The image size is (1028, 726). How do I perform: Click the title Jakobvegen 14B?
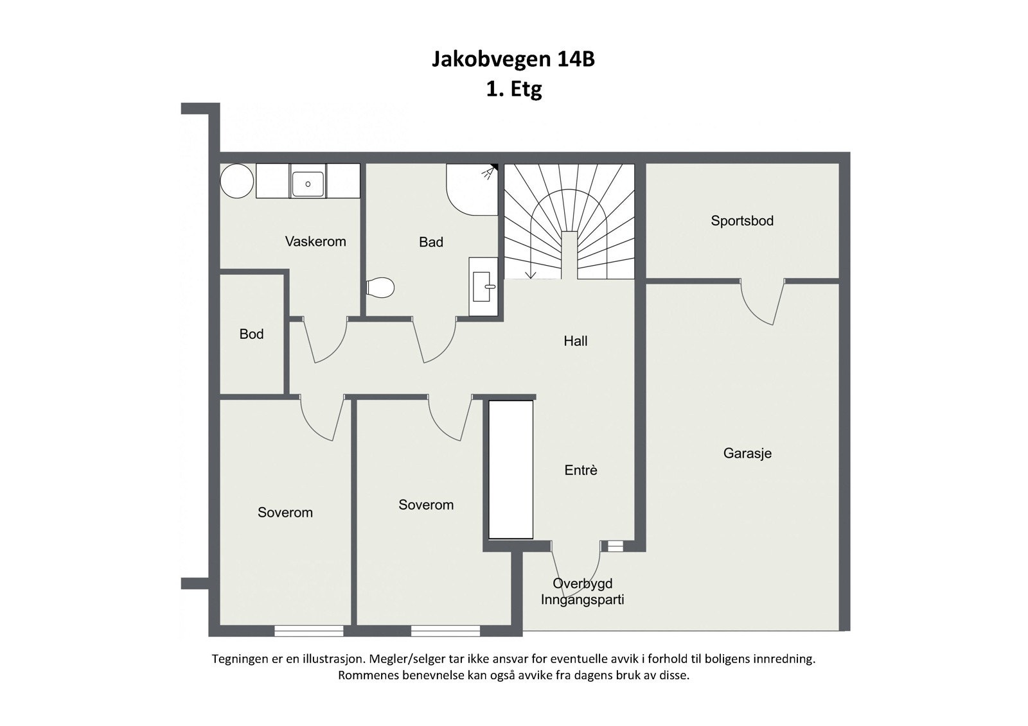tap(513, 59)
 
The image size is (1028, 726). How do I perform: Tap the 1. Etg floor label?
tap(513, 89)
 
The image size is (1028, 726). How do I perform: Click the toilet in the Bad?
tap(380, 288)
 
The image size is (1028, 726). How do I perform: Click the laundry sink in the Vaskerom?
tap(308, 182)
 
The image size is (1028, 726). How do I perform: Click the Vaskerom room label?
tap(315, 241)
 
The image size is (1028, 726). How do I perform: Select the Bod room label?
tap(251, 334)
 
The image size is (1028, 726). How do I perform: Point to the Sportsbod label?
tap(742, 221)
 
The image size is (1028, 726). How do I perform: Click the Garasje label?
tap(747, 453)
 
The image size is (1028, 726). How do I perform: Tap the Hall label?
tap(576, 341)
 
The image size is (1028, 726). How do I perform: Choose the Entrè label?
tap(581, 470)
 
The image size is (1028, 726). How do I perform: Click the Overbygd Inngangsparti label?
tap(582, 592)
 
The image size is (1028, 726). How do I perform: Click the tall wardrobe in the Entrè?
tap(511, 469)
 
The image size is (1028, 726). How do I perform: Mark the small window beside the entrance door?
tap(616, 546)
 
